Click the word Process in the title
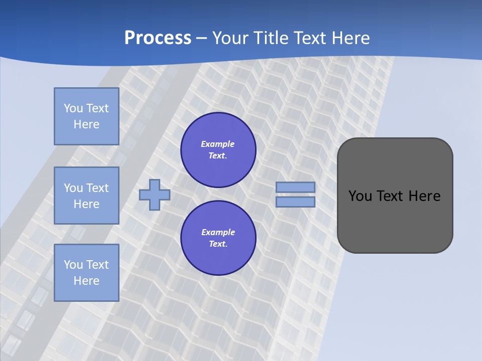(158, 38)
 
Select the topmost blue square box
(86, 116)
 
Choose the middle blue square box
(86, 196)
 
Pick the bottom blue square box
(86, 273)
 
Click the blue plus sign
(155, 195)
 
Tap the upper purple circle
(218, 150)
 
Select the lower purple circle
(218, 238)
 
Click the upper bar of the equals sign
(296, 188)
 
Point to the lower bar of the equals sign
(296, 202)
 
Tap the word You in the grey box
(360, 196)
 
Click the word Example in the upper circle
(218, 144)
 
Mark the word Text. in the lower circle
(218, 244)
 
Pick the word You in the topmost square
(73, 108)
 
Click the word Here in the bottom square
(86, 281)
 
